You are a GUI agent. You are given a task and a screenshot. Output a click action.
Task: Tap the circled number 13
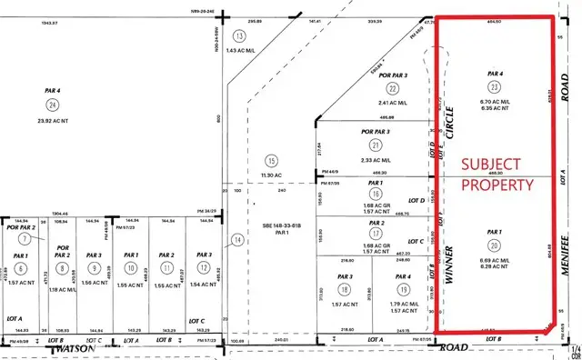coord(240,35)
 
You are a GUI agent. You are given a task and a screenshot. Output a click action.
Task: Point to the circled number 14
coord(238,240)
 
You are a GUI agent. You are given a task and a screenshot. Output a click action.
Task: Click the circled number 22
coord(393,88)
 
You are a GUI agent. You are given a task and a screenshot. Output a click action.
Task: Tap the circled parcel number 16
coord(375,193)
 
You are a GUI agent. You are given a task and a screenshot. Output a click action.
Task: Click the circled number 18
coord(345,288)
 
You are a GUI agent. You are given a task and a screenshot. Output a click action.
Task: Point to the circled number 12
coord(203,269)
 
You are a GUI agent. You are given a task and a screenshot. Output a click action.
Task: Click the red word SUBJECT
coord(491,164)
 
